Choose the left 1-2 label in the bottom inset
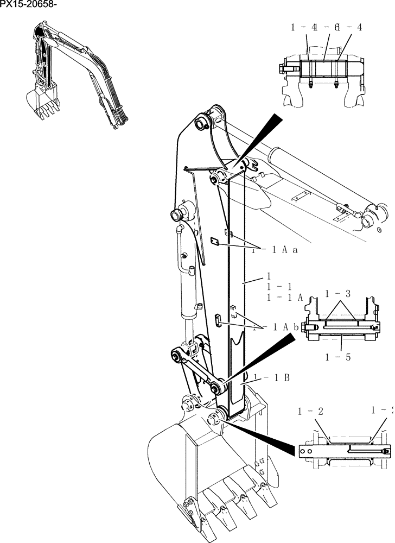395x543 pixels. point(310,411)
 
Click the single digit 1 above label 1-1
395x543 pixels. point(269,276)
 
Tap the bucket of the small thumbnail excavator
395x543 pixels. point(41,99)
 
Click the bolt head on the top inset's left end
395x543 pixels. point(281,68)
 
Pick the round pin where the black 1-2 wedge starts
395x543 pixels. point(216,418)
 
